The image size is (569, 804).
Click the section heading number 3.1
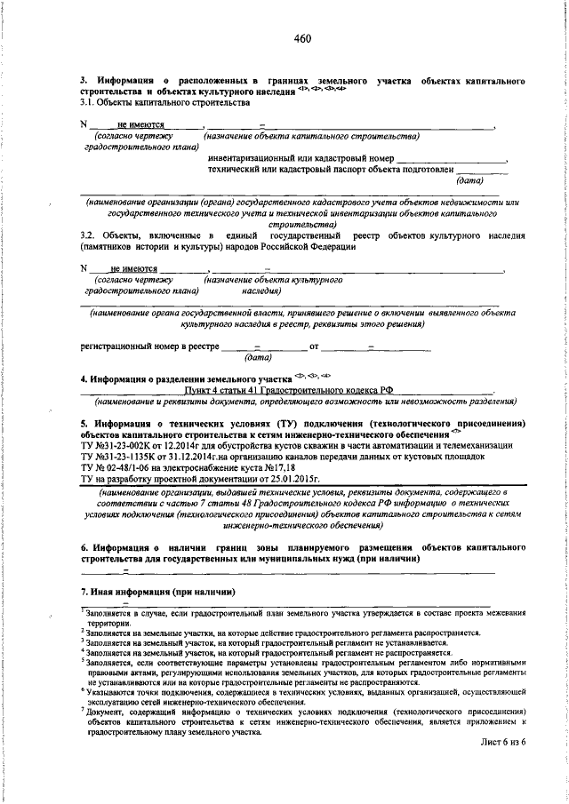tap(89, 104)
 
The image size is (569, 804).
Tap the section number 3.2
tap(89, 235)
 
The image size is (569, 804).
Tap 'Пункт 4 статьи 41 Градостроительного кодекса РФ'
tap(286, 389)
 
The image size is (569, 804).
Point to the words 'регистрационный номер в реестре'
tap(149, 347)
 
